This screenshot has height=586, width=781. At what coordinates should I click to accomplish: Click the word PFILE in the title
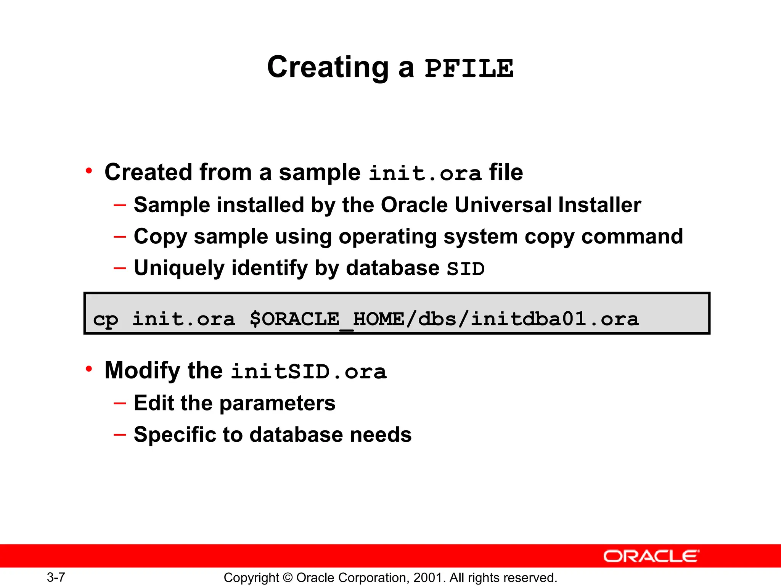click(469, 69)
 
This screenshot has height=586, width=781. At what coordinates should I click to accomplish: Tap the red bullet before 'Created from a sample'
click(89, 171)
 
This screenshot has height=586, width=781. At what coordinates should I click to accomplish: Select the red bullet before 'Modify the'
click(89, 369)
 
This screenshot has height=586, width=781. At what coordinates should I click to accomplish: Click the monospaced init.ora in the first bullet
click(425, 173)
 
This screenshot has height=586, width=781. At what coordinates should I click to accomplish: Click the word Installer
click(599, 205)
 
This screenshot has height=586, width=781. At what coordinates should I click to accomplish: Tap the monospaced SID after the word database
click(466, 269)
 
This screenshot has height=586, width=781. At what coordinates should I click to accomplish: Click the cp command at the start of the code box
click(106, 319)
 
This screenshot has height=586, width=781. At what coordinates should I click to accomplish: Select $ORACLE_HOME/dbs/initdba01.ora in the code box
click(444, 319)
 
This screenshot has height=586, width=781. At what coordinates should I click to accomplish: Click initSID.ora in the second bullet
click(309, 372)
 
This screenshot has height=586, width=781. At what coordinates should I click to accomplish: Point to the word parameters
click(277, 403)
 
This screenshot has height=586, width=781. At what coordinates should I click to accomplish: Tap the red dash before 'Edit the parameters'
click(120, 403)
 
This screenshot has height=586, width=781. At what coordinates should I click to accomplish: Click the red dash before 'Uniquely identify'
click(120, 268)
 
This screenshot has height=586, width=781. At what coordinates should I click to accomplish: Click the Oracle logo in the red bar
click(651, 556)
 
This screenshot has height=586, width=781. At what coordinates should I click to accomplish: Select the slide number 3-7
click(56, 577)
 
